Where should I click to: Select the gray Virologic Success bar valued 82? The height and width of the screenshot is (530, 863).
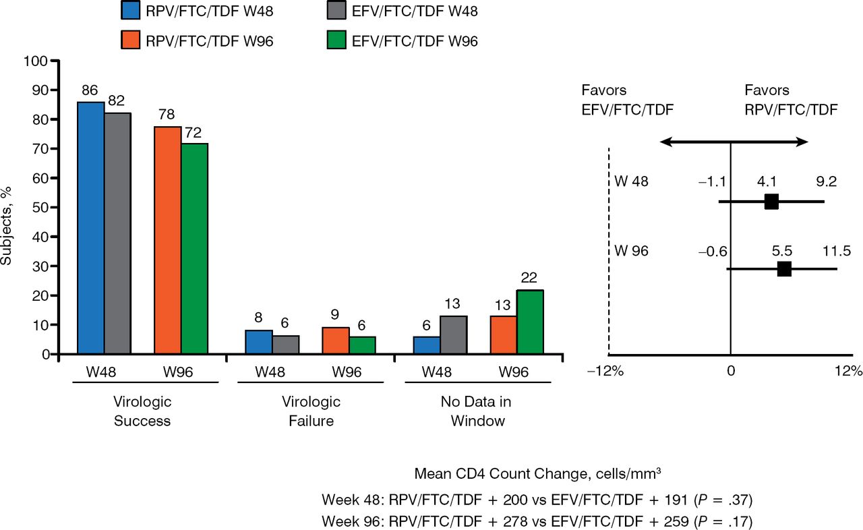pos(117,233)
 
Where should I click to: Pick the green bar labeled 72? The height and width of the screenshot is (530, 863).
pos(194,249)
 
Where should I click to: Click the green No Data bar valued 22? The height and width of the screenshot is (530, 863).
pos(529,322)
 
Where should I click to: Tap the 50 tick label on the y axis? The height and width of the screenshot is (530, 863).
pos(41,208)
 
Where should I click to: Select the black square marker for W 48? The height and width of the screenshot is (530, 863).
pos(771,201)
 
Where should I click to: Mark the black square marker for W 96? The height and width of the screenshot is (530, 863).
pos(784,269)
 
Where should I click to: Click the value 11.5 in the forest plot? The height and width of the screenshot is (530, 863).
pos(837,251)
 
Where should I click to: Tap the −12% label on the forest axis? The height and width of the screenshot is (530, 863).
pos(608,371)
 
